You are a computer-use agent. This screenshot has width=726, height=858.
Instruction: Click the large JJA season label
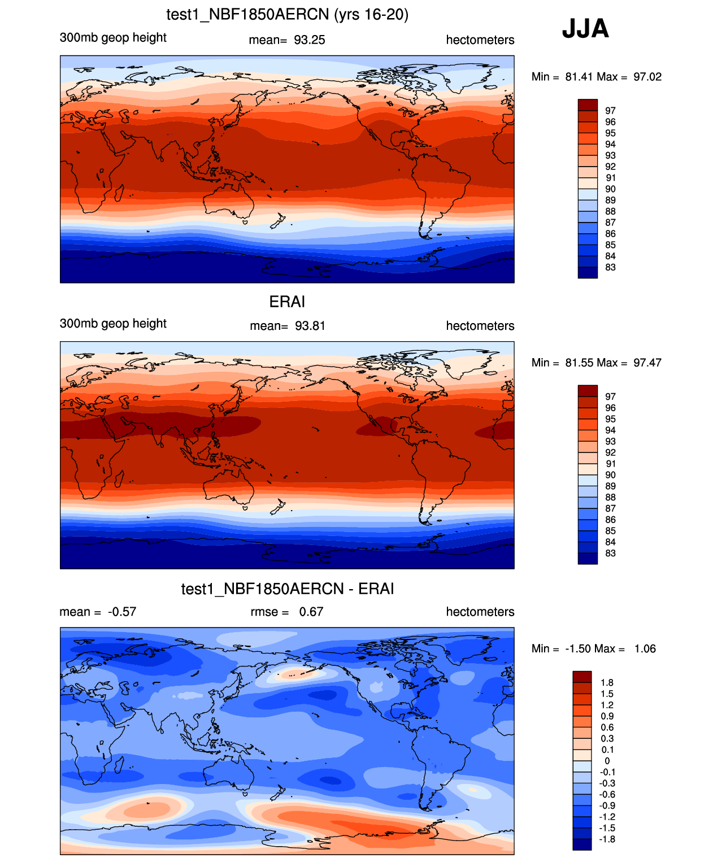(x=585, y=29)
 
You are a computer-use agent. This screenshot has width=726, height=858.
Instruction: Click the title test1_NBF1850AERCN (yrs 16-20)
(x=287, y=15)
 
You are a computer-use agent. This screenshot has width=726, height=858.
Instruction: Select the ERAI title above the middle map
(x=287, y=302)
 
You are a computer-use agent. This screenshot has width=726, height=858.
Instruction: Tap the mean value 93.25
(x=309, y=40)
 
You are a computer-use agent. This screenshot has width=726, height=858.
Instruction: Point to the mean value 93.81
(x=310, y=326)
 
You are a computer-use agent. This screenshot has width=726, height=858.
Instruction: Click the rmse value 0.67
(x=311, y=612)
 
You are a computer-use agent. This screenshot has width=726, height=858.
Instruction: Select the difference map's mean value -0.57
(x=122, y=612)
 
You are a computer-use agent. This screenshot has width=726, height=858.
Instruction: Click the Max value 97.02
(x=647, y=77)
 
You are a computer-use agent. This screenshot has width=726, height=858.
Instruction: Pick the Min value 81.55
(x=579, y=363)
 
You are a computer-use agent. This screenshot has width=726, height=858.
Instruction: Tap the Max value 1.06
(x=645, y=649)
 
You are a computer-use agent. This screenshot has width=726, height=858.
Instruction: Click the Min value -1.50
(x=578, y=649)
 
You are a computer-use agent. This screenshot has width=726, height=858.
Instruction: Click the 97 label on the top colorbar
(x=610, y=111)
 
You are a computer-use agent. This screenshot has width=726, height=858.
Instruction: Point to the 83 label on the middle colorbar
(x=610, y=554)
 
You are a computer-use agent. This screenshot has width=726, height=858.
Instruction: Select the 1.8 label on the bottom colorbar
(x=606, y=683)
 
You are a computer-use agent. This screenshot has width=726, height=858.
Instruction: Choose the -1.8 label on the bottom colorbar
(x=606, y=839)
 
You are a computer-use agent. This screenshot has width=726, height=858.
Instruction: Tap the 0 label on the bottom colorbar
(x=607, y=761)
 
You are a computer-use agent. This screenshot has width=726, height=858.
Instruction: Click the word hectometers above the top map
(x=480, y=40)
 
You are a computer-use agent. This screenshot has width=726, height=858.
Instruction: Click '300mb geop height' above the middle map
(x=113, y=324)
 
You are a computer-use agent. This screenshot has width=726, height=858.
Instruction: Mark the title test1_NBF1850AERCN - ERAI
(x=287, y=589)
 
